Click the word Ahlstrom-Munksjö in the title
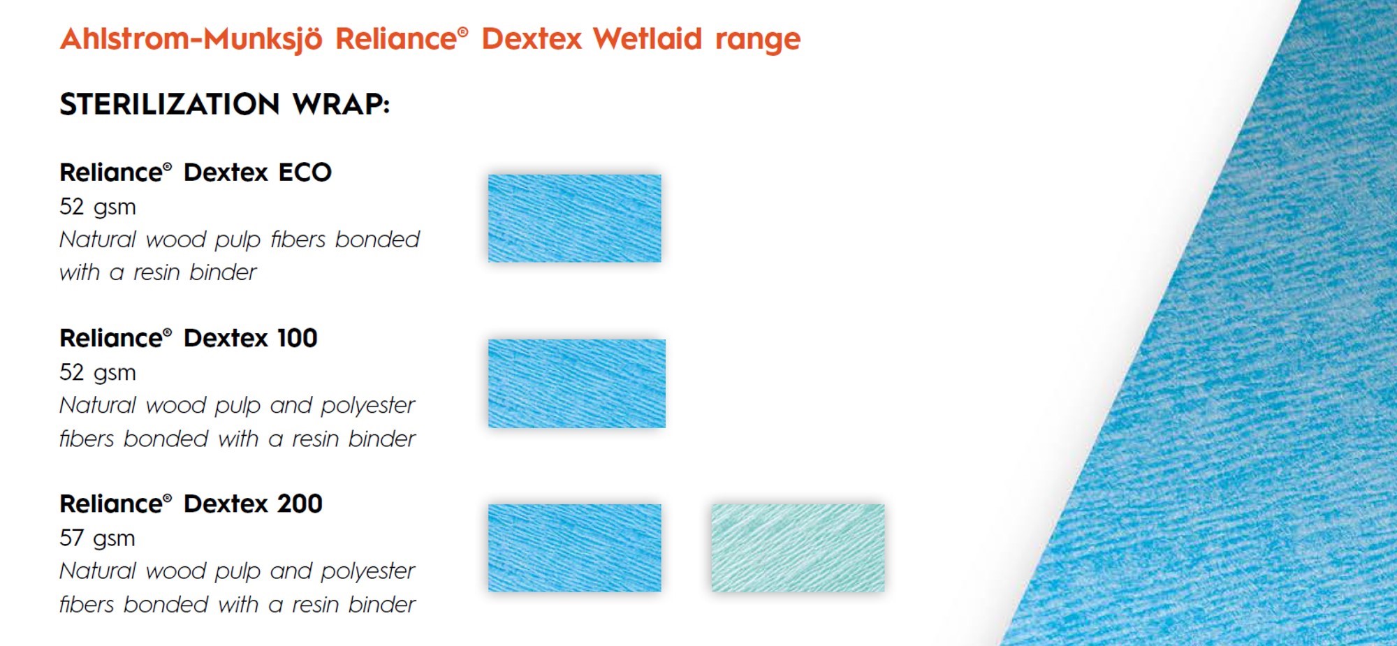point(191,39)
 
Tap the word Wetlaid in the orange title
point(648,38)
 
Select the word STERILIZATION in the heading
point(170,104)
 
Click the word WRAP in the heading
point(341,104)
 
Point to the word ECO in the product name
point(305,172)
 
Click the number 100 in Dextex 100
point(297,338)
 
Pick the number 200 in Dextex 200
point(300,504)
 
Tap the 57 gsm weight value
point(97,538)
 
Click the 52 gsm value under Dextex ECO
point(97,207)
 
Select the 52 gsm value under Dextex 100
point(97,372)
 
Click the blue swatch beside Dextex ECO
point(574,219)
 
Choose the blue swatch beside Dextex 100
point(576,383)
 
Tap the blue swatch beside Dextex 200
point(574,548)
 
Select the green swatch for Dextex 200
point(798,548)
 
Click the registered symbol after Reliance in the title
point(462,31)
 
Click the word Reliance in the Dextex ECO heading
point(111,172)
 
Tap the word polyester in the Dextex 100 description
point(367,406)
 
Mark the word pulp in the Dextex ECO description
point(237,240)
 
